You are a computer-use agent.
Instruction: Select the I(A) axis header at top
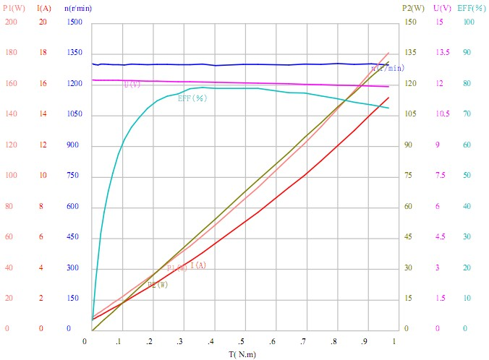[43, 8]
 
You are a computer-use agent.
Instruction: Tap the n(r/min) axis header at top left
[78, 8]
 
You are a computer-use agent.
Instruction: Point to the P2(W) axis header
[412, 8]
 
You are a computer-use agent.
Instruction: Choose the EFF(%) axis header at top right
[472, 8]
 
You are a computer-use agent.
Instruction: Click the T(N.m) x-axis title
[242, 354]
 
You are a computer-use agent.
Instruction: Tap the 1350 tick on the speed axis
[75, 53]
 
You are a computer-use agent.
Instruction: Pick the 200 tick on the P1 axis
[11, 22]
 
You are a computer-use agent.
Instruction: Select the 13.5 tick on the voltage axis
[442, 53]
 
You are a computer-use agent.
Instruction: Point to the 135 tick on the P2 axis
[409, 53]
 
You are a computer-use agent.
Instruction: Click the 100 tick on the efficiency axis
[469, 22]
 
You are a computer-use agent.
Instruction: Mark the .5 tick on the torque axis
[243, 340]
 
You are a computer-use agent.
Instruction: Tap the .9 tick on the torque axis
[366, 340]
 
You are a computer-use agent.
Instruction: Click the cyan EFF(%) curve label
[192, 98]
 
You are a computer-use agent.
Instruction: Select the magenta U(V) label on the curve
[132, 85]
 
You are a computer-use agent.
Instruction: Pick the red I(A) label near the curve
[198, 265]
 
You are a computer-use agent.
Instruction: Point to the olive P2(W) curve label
[157, 284]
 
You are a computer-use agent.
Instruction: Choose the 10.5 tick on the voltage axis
[442, 114]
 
